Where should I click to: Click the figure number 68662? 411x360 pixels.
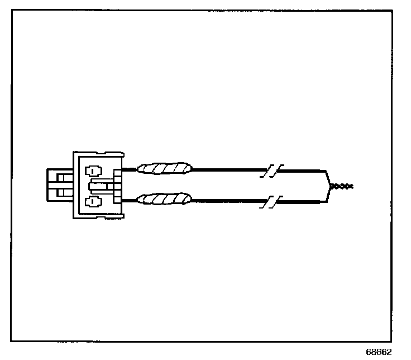pos(379,352)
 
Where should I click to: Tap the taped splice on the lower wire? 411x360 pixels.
pos(165,198)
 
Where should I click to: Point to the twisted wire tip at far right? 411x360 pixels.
pos(341,185)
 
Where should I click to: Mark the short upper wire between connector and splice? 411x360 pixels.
pos(129,168)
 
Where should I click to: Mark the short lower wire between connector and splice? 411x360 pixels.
pos(129,199)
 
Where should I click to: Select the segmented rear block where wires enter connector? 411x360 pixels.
pos(117,185)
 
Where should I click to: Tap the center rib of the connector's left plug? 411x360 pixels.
pos(60,185)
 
